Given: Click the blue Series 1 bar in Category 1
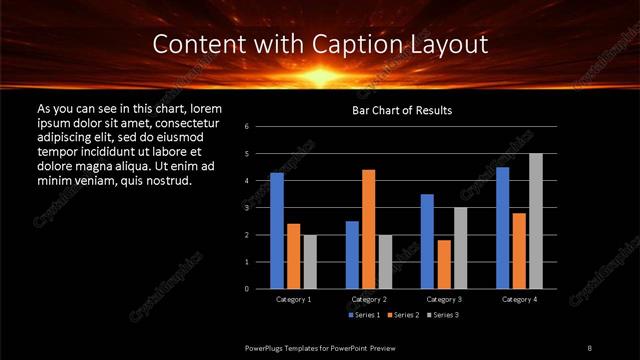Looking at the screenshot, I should click(277, 230).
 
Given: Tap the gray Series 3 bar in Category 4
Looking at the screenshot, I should click(535, 221).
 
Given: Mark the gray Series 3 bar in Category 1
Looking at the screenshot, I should click(309, 261).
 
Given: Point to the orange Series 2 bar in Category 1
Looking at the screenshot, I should click(293, 256).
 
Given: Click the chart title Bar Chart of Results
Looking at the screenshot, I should click(401, 110).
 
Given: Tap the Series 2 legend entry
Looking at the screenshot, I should click(402, 315).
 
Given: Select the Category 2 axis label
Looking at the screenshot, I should click(368, 299).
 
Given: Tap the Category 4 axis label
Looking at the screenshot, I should click(518, 299).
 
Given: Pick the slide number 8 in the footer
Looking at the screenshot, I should click(589, 347).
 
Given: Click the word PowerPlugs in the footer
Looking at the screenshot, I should click(269, 347).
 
